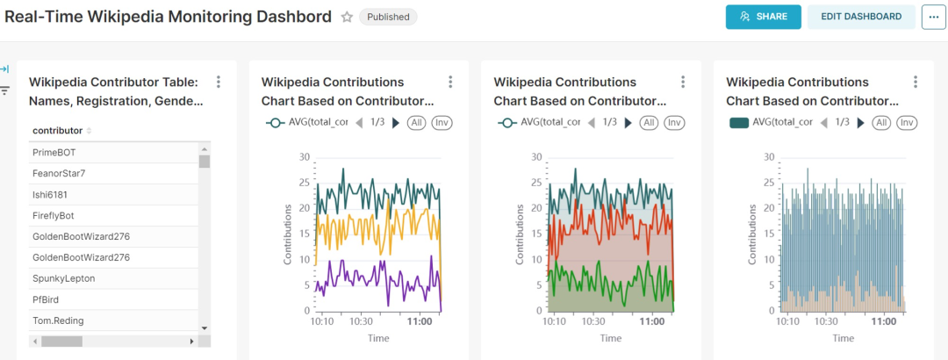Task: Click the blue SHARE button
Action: [763, 17]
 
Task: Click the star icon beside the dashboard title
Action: [347, 17]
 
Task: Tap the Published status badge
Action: [388, 17]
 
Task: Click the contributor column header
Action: [58, 131]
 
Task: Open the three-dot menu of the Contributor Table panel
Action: [219, 82]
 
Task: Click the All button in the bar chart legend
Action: [882, 123]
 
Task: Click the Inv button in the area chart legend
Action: [674, 123]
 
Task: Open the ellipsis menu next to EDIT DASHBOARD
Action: [933, 17]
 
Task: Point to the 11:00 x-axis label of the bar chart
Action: [884, 322]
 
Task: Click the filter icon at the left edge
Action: [4, 90]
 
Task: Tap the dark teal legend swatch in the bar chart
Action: [739, 123]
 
